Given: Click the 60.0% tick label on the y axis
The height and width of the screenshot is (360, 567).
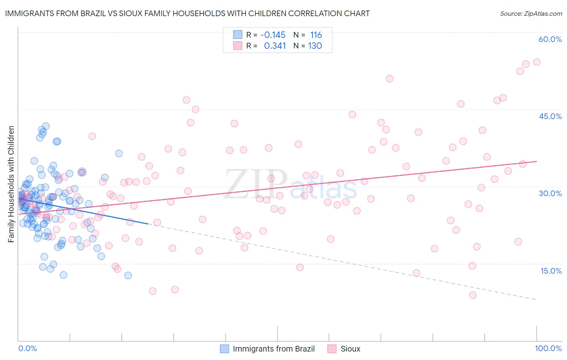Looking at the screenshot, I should tap(550, 39).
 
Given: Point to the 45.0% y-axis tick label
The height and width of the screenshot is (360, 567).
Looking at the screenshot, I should tap(550, 116).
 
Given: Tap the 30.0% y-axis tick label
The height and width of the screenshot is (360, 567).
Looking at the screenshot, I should tap(550, 193).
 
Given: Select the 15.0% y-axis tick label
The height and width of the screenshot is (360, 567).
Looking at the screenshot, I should tap(551, 271).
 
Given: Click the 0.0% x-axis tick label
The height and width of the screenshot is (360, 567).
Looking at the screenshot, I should tap(27, 348).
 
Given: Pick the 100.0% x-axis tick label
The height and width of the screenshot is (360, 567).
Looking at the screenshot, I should tap(548, 348).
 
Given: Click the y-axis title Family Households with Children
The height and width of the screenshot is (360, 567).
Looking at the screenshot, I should tap(11, 184).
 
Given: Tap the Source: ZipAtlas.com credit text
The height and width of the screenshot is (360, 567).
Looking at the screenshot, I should tap(531, 13).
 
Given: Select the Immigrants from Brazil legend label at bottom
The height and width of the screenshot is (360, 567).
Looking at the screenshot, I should tap(273, 349).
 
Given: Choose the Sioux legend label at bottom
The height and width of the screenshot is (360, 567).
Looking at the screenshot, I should tap(350, 349).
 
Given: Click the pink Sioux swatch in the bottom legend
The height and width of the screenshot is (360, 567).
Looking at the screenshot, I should tap(332, 349).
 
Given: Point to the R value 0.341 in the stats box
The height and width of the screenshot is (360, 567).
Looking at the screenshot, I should tap(275, 46).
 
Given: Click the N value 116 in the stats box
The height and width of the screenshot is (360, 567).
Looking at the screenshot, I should tap(316, 35).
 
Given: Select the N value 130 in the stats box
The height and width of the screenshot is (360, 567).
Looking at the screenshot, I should tap(315, 46).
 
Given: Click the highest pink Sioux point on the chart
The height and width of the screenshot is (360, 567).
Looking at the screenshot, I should tap(536, 62).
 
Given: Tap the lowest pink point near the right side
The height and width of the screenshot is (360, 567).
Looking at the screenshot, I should tap(473, 295).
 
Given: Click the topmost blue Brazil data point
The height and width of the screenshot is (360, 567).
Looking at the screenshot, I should tap(46, 126).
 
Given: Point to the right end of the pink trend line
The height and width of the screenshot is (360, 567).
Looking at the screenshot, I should tap(536, 161).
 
